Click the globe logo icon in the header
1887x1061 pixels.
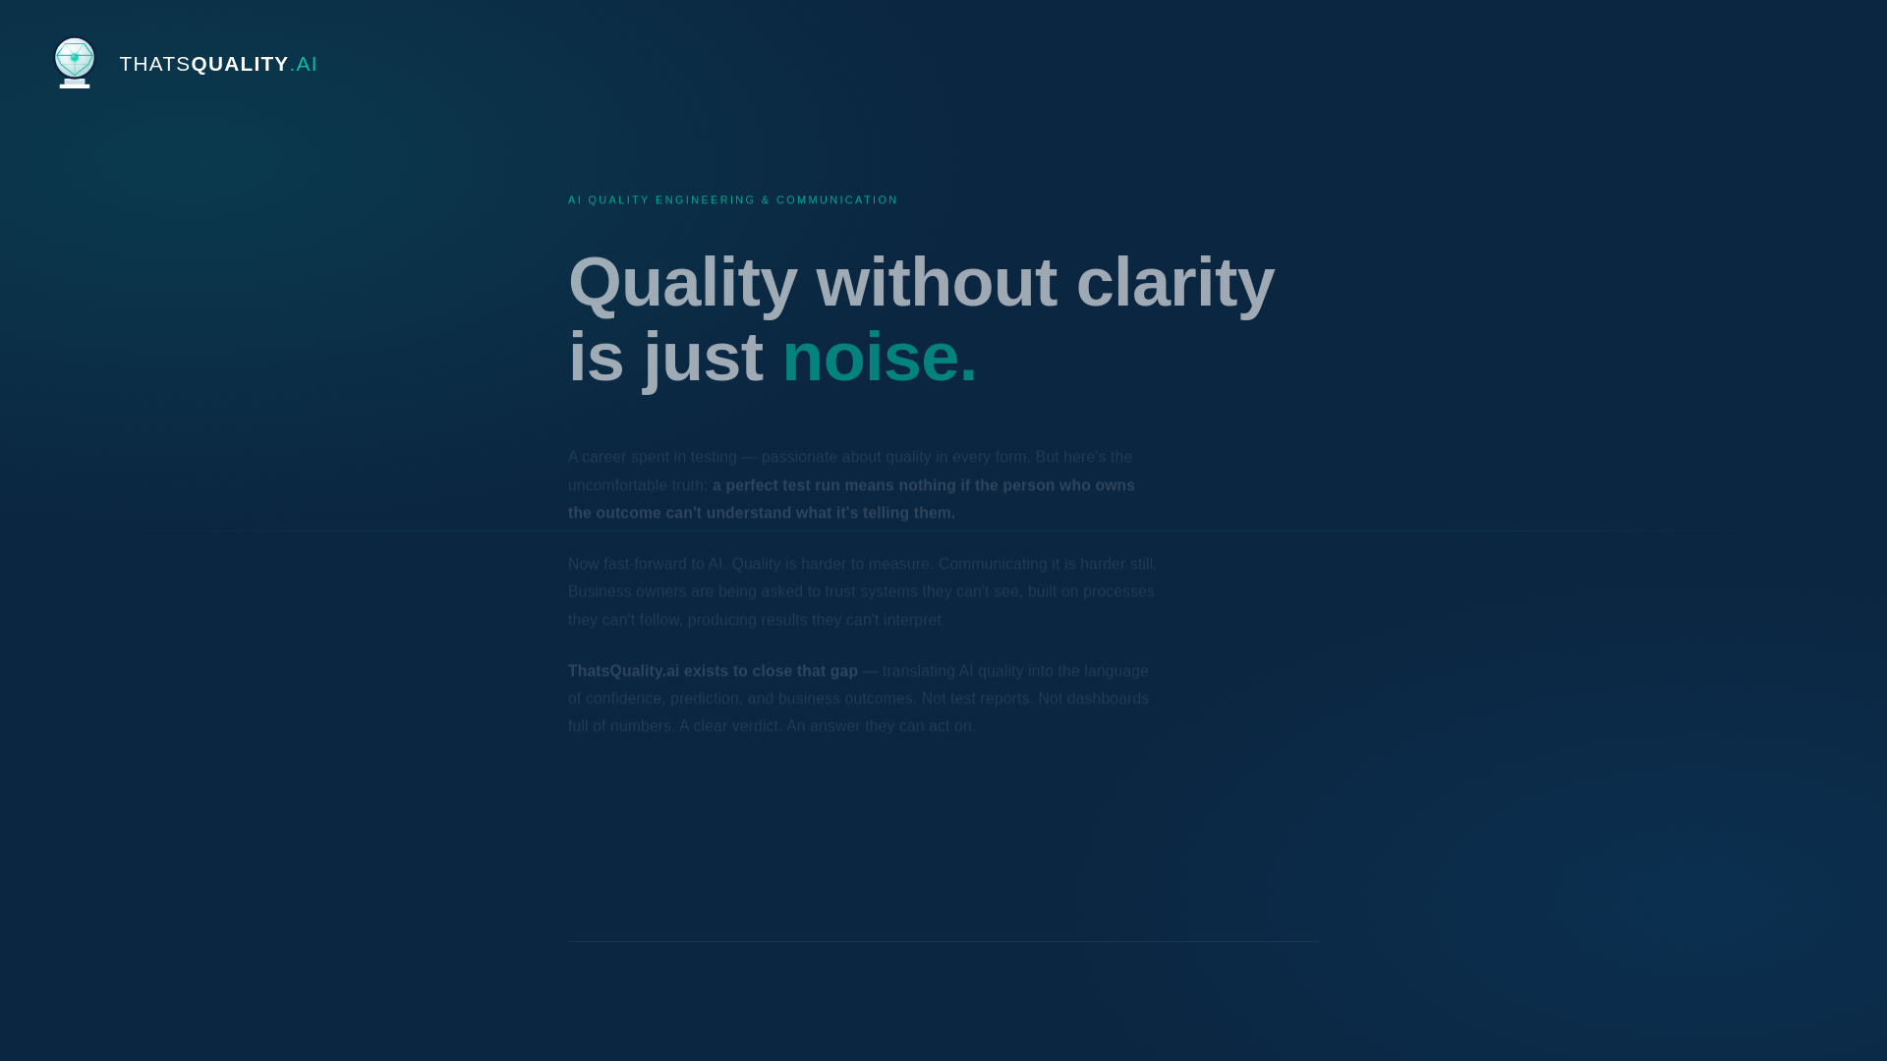coord(75,62)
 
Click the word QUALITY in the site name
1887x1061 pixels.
coord(240,64)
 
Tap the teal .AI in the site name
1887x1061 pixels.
coord(305,64)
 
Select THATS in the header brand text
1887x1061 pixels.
coord(154,64)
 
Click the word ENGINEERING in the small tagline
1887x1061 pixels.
coord(705,200)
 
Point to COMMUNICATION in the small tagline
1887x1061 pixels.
coord(836,200)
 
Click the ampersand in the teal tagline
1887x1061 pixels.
coord(766,200)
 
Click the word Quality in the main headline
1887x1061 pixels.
coord(682,283)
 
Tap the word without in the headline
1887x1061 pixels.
coord(936,283)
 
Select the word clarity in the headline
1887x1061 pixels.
coord(1174,283)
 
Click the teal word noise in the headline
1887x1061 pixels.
coord(870,358)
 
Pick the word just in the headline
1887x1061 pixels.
coord(703,358)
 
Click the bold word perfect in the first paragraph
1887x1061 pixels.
coord(752,485)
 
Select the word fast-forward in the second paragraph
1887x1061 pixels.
coord(645,564)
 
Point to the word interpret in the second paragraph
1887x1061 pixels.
coord(913,620)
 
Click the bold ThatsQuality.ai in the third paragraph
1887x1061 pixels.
coord(623,671)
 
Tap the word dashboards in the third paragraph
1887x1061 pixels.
coord(1108,698)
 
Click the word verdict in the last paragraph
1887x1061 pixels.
coord(755,726)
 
